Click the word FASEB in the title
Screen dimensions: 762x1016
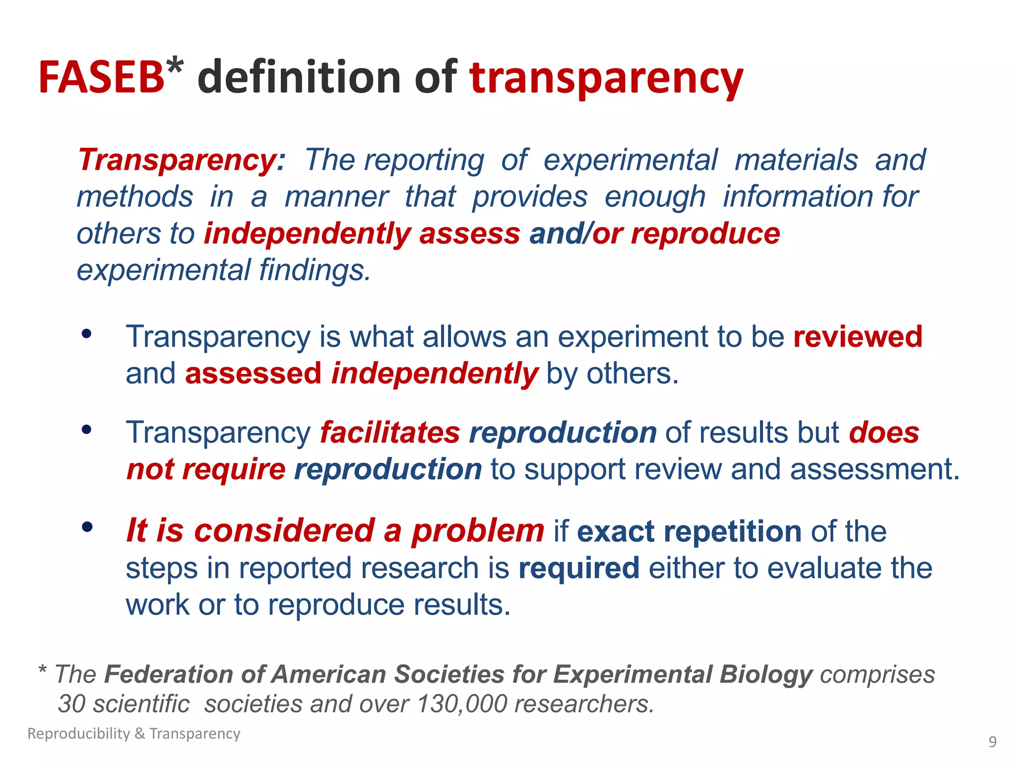click(x=101, y=77)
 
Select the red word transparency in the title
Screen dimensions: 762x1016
click(x=606, y=78)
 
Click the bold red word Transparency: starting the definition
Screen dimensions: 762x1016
click(x=182, y=160)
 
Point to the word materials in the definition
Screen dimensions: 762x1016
click(x=796, y=160)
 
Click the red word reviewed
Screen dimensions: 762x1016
click(x=858, y=337)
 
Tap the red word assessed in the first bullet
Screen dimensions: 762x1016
click(x=253, y=374)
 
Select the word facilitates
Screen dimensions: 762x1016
click(x=390, y=433)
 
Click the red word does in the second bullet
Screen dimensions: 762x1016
click(x=884, y=433)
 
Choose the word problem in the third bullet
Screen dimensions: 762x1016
click(x=478, y=531)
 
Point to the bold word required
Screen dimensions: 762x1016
click(x=579, y=568)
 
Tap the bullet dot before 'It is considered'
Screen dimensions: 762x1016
click(x=87, y=527)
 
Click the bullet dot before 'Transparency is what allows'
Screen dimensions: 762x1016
click(x=87, y=334)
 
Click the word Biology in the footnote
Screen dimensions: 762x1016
click(x=766, y=675)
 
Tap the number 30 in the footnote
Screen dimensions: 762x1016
click(x=71, y=704)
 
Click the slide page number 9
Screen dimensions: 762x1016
click(x=992, y=742)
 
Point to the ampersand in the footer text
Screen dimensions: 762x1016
click(x=139, y=734)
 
